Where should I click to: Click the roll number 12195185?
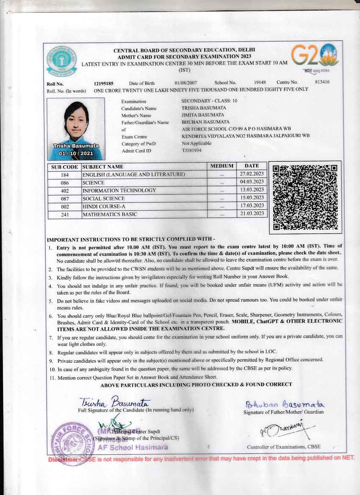(x=103, y=83)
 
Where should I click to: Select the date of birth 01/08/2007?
(x=186, y=83)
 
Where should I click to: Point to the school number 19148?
(x=260, y=82)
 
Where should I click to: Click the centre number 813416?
(x=322, y=82)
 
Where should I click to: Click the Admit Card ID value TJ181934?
(x=191, y=150)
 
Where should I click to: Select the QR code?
(x=305, y=197)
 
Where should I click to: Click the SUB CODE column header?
(x=64, y=167)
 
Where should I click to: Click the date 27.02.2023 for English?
(x=252, y=174)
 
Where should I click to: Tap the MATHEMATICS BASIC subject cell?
(x=110, y=214)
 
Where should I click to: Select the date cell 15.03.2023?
(x=252, y=198)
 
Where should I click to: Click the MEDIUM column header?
(x=222, y=166)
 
